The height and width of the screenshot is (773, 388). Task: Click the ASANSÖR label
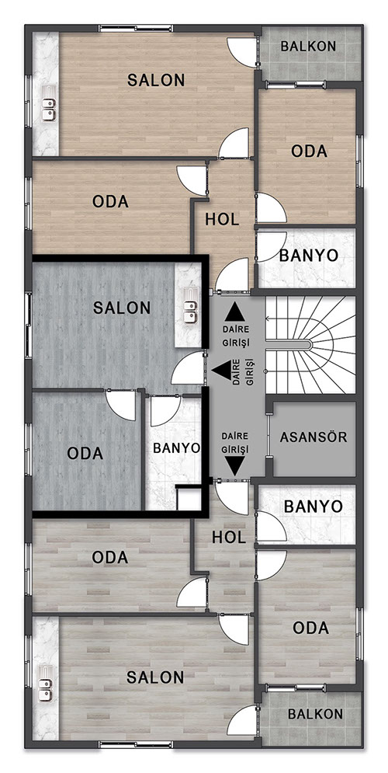314,437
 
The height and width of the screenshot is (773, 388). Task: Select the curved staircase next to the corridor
310,345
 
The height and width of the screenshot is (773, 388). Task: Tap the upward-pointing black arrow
234,312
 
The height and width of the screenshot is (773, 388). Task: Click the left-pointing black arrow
222,370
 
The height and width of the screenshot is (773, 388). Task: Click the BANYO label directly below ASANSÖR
314,507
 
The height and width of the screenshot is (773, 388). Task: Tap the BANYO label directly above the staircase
309,255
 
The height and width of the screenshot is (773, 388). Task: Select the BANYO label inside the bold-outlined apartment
176,447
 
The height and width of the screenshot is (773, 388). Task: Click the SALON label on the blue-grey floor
122,308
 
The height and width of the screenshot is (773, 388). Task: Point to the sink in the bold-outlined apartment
189,312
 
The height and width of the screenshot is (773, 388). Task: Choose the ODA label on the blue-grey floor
85,453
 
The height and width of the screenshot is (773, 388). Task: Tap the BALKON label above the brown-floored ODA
308,47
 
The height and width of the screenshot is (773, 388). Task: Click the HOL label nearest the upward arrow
222,219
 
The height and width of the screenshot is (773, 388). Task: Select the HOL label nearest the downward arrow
229,538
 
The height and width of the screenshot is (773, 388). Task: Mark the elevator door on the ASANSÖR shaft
268,437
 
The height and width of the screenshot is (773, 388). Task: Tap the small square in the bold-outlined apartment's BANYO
188,499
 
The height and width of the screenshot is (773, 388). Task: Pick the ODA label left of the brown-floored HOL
110,202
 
